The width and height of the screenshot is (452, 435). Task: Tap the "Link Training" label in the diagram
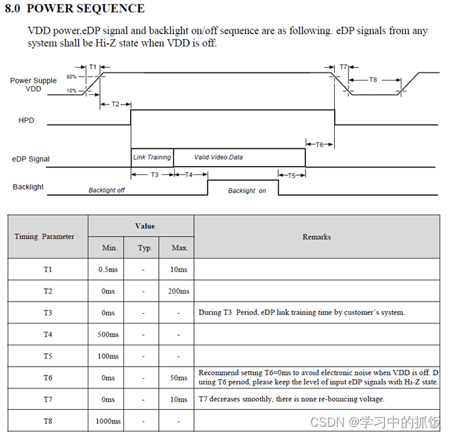152,157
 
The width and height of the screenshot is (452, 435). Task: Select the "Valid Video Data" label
218,157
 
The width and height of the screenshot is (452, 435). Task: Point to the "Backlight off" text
106,190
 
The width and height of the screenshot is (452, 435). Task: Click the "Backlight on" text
247,191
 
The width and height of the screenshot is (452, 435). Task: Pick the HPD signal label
26,120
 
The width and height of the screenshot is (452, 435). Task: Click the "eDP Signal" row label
31,159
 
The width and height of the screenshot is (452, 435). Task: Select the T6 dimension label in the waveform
320,144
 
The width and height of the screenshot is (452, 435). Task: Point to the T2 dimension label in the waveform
115,104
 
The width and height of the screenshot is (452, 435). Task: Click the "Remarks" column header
316,237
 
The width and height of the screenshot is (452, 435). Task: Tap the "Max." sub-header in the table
179,248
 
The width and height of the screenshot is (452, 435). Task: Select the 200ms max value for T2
179,291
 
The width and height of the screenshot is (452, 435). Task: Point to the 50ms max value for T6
179,378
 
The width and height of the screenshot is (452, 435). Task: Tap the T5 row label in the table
47,356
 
